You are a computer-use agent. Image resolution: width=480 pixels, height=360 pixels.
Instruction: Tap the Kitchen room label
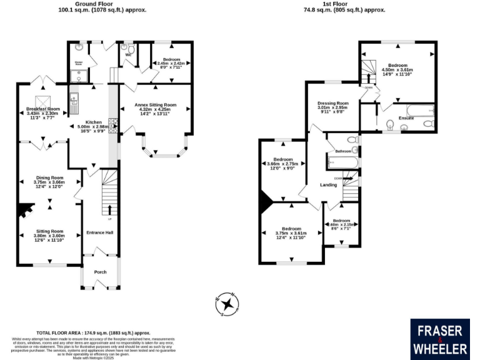pyautogui.click(x=94, y=122)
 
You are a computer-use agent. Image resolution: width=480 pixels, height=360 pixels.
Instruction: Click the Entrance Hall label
pyautogui.click(x=100, y=232)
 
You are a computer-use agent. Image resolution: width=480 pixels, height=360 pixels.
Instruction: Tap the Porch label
pyautogui.click(x=100, y=272)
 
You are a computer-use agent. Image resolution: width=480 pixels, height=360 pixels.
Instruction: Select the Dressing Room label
pyautogui.click(x=332, y=103)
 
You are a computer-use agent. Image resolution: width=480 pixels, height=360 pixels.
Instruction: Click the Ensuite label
pyautogui.click(x=406, y=117)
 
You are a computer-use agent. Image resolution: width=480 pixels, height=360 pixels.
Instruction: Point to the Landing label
pyautogui.click(x=329, y=185)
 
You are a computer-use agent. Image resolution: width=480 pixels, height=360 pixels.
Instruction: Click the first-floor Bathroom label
pyautogui.click(x=343, y=151)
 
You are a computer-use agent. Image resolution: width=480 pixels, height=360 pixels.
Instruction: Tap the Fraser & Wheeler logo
pyautogui.click(x=439, y=339)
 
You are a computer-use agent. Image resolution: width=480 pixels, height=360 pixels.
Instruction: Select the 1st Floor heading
pyautogui.click(x=336, y=4)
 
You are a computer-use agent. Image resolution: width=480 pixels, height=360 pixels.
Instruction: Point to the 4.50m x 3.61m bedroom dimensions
pyautogui.click(x=397, y=70)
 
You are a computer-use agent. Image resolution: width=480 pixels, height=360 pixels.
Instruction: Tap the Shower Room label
pyautogui.click(x=79, y=63)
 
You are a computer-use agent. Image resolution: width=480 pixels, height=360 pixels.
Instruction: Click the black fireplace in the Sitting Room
pyautogui.click(x=24, y=211)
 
